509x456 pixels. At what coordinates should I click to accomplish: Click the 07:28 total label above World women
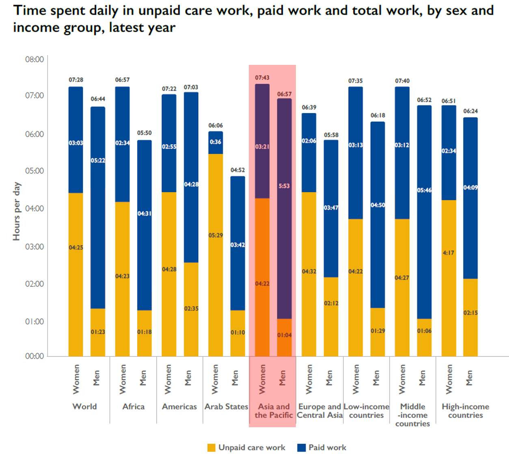click(x=76, y=80)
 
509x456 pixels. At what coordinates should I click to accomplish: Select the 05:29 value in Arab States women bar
click(x=216, y=235)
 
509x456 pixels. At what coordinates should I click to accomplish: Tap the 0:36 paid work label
click(x=216, y=142)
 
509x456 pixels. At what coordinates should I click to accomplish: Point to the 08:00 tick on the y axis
click(x=35, y=60)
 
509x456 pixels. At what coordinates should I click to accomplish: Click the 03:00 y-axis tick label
click(x=35, y=246)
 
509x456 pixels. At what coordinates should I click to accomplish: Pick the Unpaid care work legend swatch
click(x=211, y=447)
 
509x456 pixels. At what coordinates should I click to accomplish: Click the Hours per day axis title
click(x=16, y=211)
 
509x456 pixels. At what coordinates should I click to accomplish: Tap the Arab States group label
click(x=226, y=407)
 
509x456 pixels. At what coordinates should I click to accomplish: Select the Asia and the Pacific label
click(x=274, y=411)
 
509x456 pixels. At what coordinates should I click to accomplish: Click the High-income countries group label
click(x=466, y=411)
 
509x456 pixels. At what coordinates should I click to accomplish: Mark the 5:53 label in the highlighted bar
click(x=284, y=186)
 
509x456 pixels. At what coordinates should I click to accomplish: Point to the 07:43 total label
click(x=262, y=77)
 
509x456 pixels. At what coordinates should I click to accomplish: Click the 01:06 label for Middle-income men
click(x=424, y=331)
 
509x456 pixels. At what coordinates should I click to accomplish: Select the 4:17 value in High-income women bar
click(x=449, y=253)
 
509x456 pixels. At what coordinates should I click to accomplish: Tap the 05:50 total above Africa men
click(x=144, y=133)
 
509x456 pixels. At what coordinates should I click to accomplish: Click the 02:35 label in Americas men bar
click(x=191, y=308)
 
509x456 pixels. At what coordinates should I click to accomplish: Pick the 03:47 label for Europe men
click(x=331, y=208)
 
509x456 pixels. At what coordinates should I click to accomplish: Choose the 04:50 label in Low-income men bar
click(x=377, y=205)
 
